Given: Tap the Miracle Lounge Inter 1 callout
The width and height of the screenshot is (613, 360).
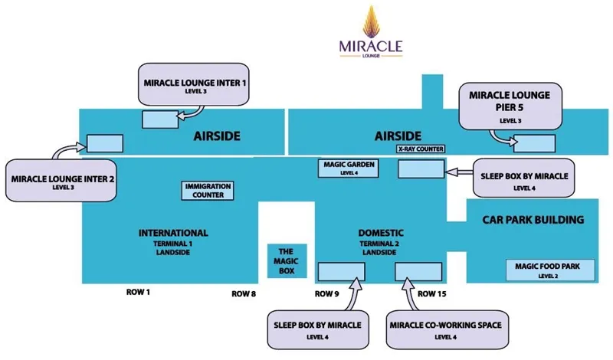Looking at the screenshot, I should click(195, 84).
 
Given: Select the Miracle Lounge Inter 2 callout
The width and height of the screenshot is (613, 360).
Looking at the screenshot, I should click(62, 181).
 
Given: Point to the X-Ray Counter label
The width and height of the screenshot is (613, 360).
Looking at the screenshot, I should click(421, 149).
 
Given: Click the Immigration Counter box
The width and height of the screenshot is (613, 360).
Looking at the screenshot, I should click(208, 190).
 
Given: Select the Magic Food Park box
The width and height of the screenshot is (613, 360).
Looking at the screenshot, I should click(548, 270).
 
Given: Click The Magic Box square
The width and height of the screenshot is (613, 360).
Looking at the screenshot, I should click(286, 263).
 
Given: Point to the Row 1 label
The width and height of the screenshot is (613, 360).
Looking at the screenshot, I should click(139, 293).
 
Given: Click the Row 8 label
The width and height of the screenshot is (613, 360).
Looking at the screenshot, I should click(244, 293).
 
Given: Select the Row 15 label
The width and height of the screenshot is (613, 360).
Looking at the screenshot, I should click(432, 293).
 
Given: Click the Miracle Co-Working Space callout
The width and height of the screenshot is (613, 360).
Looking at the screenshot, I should click(444, 329).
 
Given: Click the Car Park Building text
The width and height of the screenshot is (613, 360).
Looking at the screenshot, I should click(533, 220).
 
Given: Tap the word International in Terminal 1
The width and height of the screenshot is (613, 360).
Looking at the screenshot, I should click(173, 233).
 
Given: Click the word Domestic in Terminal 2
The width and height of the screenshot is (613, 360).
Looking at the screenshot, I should click(381, 233).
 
